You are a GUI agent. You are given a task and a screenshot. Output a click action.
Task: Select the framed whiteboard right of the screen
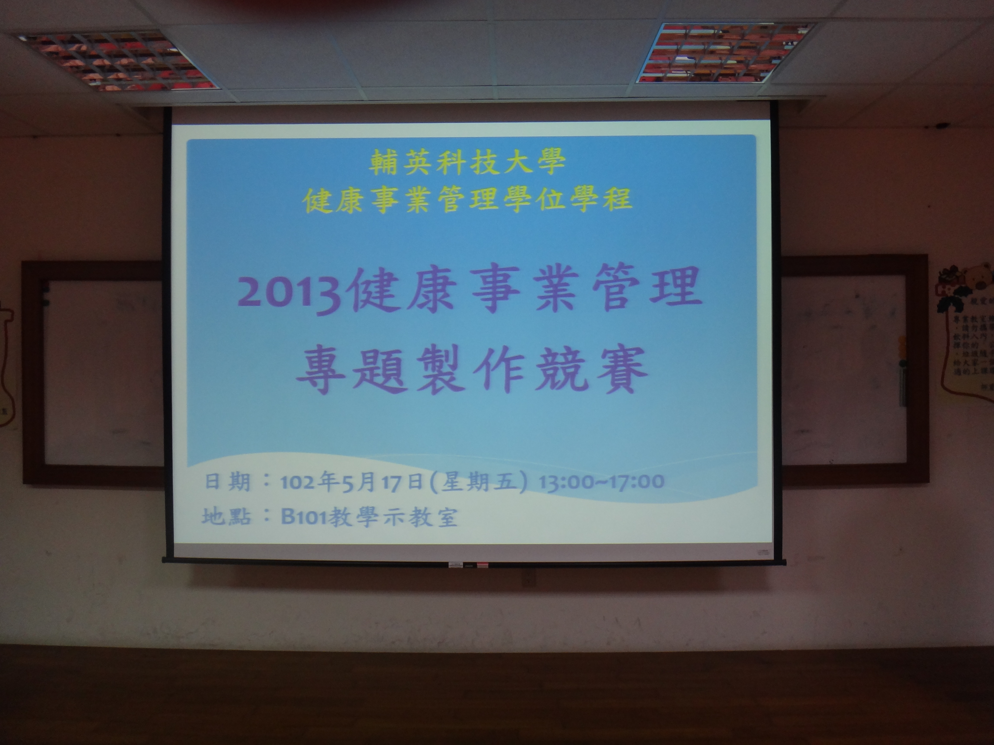(854, 368)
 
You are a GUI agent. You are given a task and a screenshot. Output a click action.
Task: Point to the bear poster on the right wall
(966, 332)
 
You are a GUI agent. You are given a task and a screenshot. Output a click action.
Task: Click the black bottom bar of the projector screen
(474, 561)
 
